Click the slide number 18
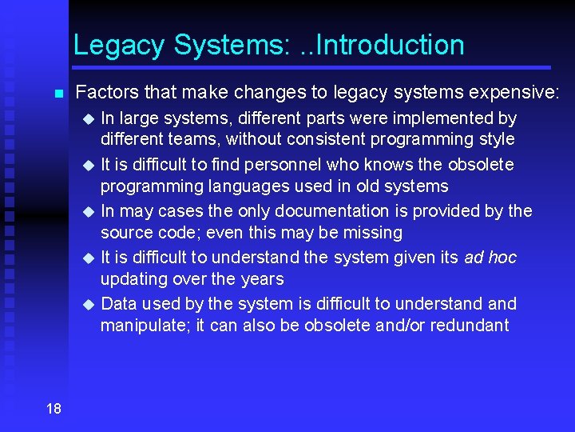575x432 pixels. [54, 409]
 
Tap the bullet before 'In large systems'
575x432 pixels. [89, 119]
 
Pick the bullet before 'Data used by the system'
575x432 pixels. [89, 305]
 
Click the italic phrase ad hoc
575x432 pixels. [490, 258]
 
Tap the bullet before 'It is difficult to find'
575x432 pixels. [89, 166]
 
